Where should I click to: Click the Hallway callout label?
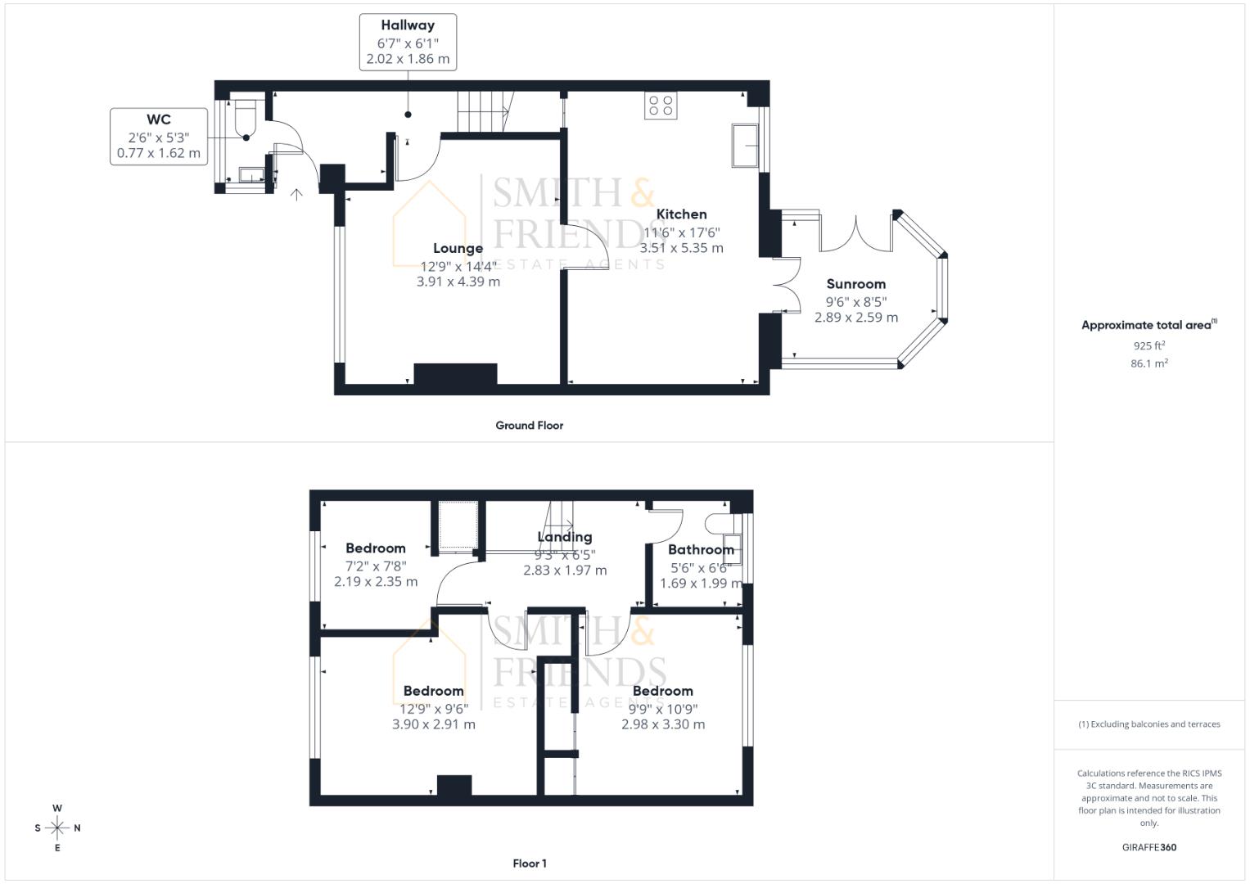(x=407, y=26)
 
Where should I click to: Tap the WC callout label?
(x=159, y=120)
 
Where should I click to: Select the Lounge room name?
(x=458, y=248)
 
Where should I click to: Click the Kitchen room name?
(x=681, y=214)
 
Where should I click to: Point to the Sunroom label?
(x=855, y=284)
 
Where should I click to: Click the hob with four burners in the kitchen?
(x=661, y=106)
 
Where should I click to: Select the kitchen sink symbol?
(x=745, y=146)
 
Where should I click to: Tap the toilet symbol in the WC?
(x=246, y=118)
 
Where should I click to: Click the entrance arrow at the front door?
(x=296, y=194)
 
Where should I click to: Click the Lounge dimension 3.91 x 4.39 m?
(x=458, y=282)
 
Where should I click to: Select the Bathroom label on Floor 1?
(x=701, y=550)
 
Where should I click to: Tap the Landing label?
(x=564, y=537)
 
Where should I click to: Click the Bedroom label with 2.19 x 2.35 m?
(x=375, y=548)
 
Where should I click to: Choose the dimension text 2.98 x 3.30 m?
(x=662, y=724)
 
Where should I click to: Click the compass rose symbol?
(x=57, y=828)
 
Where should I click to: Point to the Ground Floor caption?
(x=529, y=426)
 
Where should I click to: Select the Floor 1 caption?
(x=529, y=864)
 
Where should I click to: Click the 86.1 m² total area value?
(x=1148, y=363)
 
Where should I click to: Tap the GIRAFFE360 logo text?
(x=1148, y=847)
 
